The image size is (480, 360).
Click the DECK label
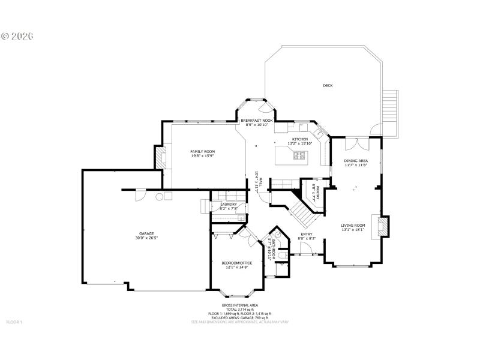point(328,85)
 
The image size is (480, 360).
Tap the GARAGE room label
point(147,233)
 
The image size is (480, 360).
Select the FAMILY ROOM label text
point(203,151)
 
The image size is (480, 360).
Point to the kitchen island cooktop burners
point(299,156)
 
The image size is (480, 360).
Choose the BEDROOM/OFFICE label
point(236,263)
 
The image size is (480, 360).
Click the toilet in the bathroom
point(284,262)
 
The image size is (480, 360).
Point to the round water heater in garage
point(160,196)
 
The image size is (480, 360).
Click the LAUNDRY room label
point(229,205)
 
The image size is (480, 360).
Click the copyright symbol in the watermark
point(5,36)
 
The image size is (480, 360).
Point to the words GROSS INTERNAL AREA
point(240,305)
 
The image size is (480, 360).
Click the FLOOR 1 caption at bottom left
point(14,322)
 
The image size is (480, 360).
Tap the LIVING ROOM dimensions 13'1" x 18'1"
point(353,230)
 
